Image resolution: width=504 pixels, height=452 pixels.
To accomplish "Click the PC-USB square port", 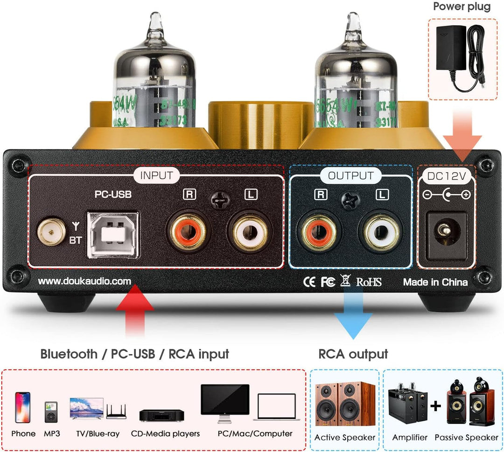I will (113, 234).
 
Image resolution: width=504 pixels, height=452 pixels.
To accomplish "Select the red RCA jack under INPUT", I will (185, 231).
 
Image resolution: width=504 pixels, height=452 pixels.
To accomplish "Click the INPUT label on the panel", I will (156, 176).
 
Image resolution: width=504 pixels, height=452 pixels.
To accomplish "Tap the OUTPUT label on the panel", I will (350, 176).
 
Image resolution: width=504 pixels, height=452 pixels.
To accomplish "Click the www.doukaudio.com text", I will (84, 282).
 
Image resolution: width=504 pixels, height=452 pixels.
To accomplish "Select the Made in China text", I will (435, 282).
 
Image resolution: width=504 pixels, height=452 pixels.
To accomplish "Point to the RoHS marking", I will (369, 282).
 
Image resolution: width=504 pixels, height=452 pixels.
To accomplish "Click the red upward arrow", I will (135, 313).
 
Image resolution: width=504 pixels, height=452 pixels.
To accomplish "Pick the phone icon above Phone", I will (22, 407).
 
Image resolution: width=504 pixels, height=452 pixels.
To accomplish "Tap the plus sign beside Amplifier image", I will (435, 405).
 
